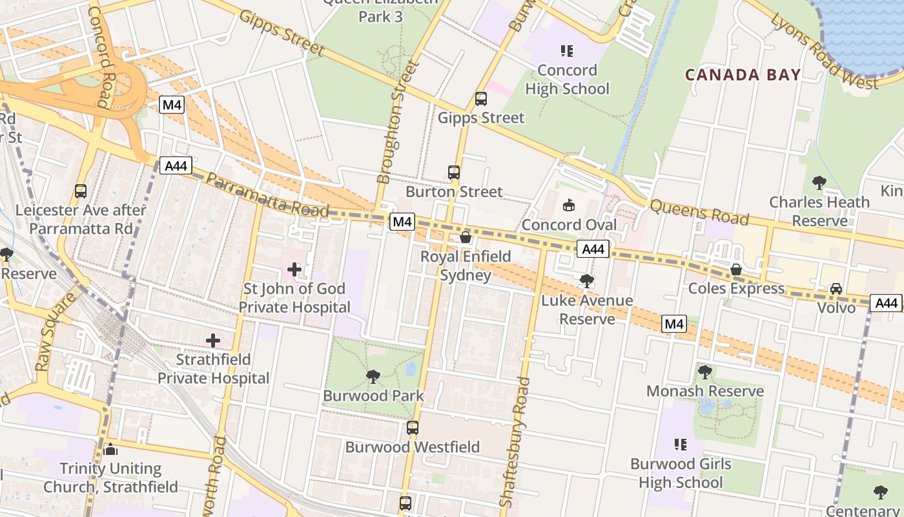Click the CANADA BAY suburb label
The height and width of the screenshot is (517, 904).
[743, 75]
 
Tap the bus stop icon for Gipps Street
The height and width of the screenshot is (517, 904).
[480, 99]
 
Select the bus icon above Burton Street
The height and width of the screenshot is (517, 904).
[454, 173]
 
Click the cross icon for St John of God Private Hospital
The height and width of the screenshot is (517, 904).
[294, 269]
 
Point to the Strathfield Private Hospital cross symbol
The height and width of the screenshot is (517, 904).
[213, 340]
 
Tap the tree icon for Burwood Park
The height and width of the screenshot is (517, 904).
[373, 376]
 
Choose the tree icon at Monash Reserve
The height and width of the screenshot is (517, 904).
[704, 372]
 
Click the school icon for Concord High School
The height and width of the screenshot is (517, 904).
[567, 50]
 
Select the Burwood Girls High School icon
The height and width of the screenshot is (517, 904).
[680, 445]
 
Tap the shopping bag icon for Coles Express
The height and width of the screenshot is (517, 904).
[735, 269]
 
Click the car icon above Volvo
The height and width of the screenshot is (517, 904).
[836, 288]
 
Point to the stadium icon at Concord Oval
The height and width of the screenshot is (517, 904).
[568, 206]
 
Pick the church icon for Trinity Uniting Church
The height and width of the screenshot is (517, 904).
[110, 449]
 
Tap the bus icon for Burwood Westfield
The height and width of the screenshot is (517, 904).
[412, 428]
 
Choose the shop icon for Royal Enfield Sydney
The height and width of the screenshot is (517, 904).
[465, 237]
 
